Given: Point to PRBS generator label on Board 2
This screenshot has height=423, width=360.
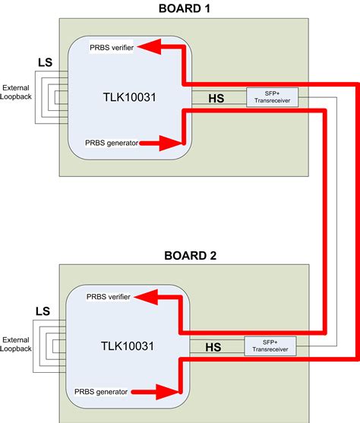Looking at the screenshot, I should [106, 391].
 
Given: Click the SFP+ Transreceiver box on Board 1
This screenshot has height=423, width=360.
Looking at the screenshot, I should [272, 96].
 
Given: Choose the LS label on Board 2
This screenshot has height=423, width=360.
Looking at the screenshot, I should [43, 311].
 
